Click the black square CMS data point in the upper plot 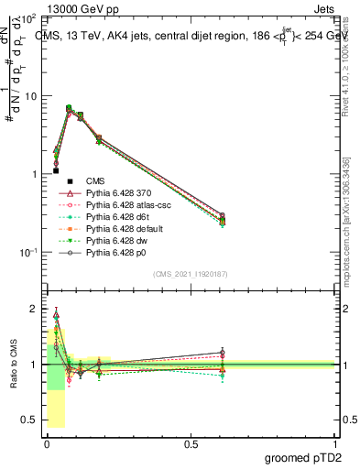(x=56, y=170)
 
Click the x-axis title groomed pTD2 (x=309, y=457)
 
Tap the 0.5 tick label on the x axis (x=190, y=443)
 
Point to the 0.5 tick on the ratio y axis (x=32, y=420)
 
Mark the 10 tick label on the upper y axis (x=30, y=96)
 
